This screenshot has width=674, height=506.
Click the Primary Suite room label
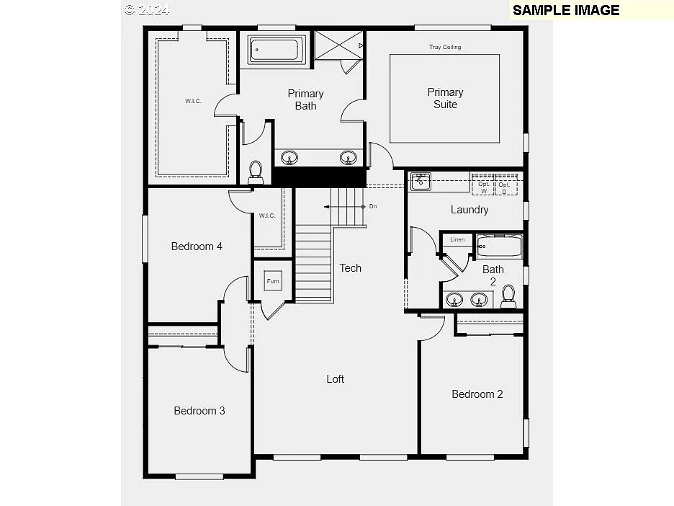click(x=445, y=98)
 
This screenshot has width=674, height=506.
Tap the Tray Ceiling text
click(x=445, y=48)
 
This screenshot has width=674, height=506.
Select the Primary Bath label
click(x=305, y=99)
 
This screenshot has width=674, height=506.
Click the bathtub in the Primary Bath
click(x=274, y=50)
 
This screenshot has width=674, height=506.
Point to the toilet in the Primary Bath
click(x=255, y=172)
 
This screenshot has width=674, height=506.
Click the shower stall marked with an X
click(x=339, y=46)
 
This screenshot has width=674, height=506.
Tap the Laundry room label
click(x=469, y=210)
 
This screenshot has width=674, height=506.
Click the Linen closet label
click(x=457, y=239)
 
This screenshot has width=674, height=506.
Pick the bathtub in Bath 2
click(x=498, y=247)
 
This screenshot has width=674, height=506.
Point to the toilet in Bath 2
click(x=508, y=296)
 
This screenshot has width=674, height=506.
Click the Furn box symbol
click(x=273, y=281)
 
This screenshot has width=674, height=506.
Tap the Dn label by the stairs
click(x=373, y=206)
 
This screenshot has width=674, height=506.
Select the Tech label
click(x=351, y=268)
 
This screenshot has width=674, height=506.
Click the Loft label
click(x=336, y=378)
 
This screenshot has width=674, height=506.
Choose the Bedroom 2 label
click(x=477, y=394)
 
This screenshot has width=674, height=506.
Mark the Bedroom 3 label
click(x=199, y=411)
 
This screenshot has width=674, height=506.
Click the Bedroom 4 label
click(x=197, y=247)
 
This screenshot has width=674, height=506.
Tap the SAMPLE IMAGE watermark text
click(x=566, y=10)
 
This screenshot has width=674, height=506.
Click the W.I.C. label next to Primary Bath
click(x=193, y=101)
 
